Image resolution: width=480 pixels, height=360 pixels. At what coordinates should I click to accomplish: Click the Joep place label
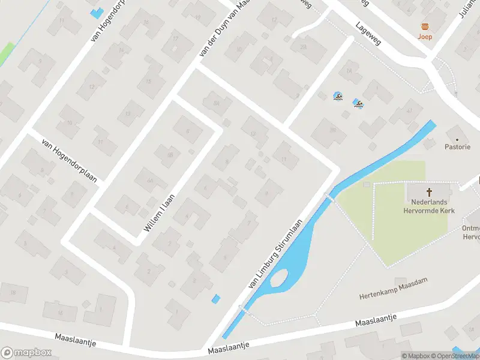click(425, 37)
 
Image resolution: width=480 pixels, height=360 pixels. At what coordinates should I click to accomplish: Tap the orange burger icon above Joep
click(425, 26)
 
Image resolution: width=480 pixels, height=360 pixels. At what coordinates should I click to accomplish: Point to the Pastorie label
click(457, 147)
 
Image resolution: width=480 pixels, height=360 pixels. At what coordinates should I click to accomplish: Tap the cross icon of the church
click(430, 193)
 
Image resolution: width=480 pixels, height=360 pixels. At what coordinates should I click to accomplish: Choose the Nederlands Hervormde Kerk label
click(430, 206)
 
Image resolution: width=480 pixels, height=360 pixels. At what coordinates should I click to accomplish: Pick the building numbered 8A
click(215, 103)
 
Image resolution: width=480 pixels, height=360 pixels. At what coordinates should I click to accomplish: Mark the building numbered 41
click(410, 110)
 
